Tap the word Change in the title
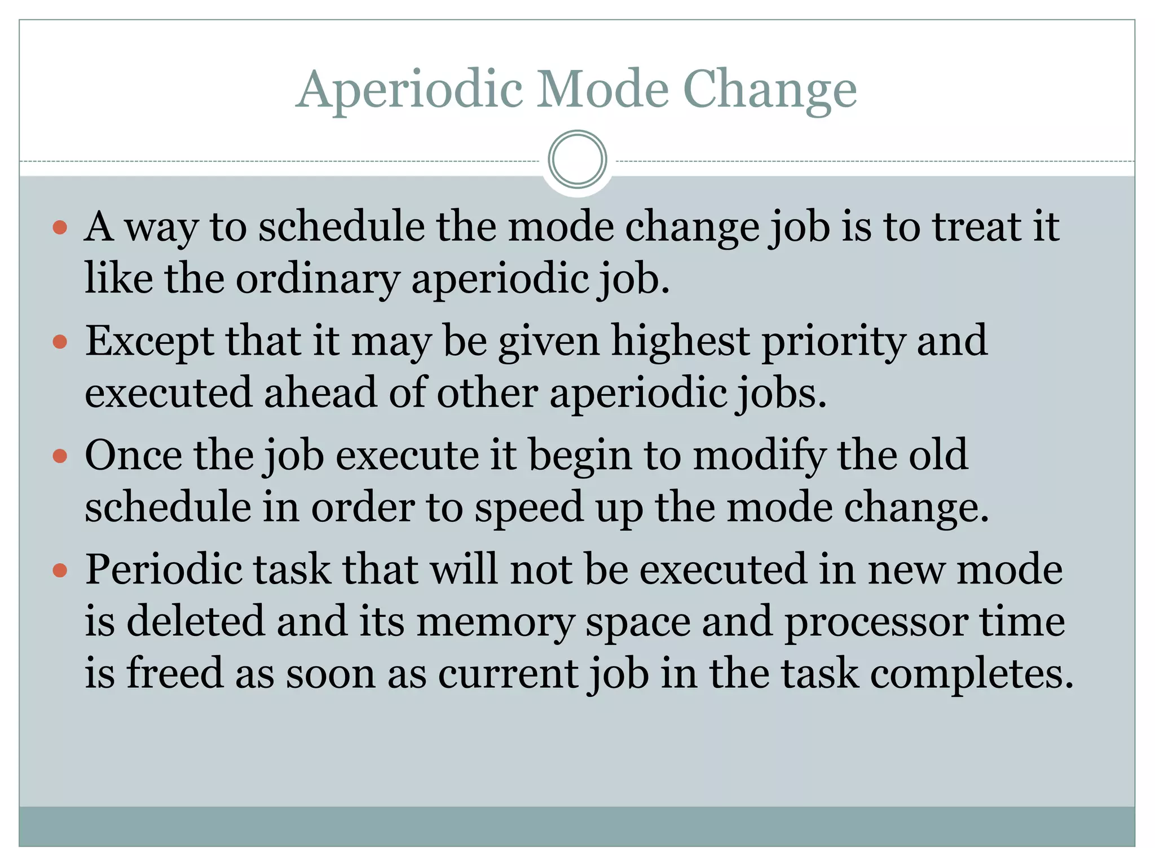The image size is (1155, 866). pos(769,90)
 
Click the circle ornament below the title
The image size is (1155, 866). pos(577,160)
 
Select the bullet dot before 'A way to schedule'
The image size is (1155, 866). pos(60,228)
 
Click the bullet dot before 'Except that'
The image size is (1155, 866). pos(60,342)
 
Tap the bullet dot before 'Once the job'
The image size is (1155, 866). pos(60,456)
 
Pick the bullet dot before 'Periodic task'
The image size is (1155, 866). pos(60,571)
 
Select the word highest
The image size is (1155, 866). pos(681,341)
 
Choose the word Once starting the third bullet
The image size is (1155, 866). pos(133,455)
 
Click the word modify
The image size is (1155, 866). pos(759,455)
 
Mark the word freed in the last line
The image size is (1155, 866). pos(175,673)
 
